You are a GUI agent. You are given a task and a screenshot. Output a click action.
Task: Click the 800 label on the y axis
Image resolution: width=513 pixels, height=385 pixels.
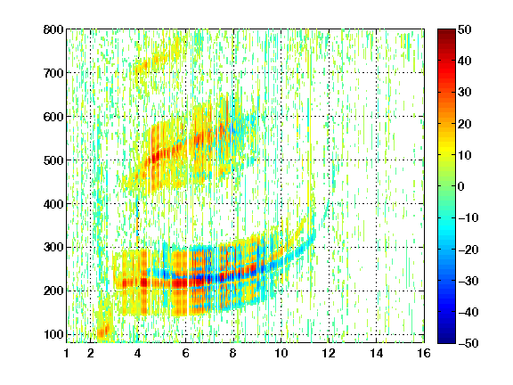(x=53, y=29)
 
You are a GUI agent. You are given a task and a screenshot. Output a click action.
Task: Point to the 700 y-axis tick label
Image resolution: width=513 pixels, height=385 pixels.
(x=53, y=73)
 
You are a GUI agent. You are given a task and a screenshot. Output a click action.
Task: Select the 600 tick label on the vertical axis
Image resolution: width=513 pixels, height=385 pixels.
(x=53, y=117)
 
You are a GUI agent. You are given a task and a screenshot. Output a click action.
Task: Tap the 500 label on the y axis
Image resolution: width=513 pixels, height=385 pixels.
(x=53, y=160)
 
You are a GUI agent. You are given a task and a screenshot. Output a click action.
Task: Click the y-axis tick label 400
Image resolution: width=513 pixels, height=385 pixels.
(x=53, y=204)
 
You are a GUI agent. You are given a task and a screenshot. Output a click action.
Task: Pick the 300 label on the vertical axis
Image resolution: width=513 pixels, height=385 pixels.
(x=53, y=248)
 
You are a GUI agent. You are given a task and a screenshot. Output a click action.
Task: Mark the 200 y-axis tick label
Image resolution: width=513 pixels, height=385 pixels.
(x=53, y=291)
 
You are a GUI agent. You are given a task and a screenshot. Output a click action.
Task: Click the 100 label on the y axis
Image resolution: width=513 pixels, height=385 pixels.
(x=53, y=334)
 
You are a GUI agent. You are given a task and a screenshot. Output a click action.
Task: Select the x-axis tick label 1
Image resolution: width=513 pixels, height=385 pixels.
(x=67, y=353)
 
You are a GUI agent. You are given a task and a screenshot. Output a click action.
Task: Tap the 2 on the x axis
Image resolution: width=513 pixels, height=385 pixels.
(x=91, y=353)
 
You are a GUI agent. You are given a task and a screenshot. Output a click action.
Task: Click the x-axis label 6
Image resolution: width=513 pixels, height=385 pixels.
(x=186, y=353)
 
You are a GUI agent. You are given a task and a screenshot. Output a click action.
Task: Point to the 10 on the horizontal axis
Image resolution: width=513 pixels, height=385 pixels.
(x=281, y=353)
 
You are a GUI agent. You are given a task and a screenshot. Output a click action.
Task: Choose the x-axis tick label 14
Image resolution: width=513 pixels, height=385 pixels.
(x=377, y=353)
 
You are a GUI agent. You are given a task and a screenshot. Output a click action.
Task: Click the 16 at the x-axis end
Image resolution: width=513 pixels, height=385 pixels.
(x=424, y=353)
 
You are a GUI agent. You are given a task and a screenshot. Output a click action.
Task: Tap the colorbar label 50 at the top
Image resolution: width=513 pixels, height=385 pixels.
(x=465, y=29)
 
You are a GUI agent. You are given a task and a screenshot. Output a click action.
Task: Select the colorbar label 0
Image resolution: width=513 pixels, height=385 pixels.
(x=461, y=186)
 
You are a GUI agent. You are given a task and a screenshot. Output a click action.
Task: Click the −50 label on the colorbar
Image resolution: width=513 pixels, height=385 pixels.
(x=468, y=343)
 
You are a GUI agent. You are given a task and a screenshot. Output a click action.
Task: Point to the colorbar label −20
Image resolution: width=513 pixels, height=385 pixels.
(x=468, y=250)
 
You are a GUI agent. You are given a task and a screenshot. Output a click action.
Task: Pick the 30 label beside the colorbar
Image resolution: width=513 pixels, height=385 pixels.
(x=465, y=93)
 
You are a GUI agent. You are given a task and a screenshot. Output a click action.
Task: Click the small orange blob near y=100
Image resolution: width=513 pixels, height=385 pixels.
(x=103, y=332)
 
